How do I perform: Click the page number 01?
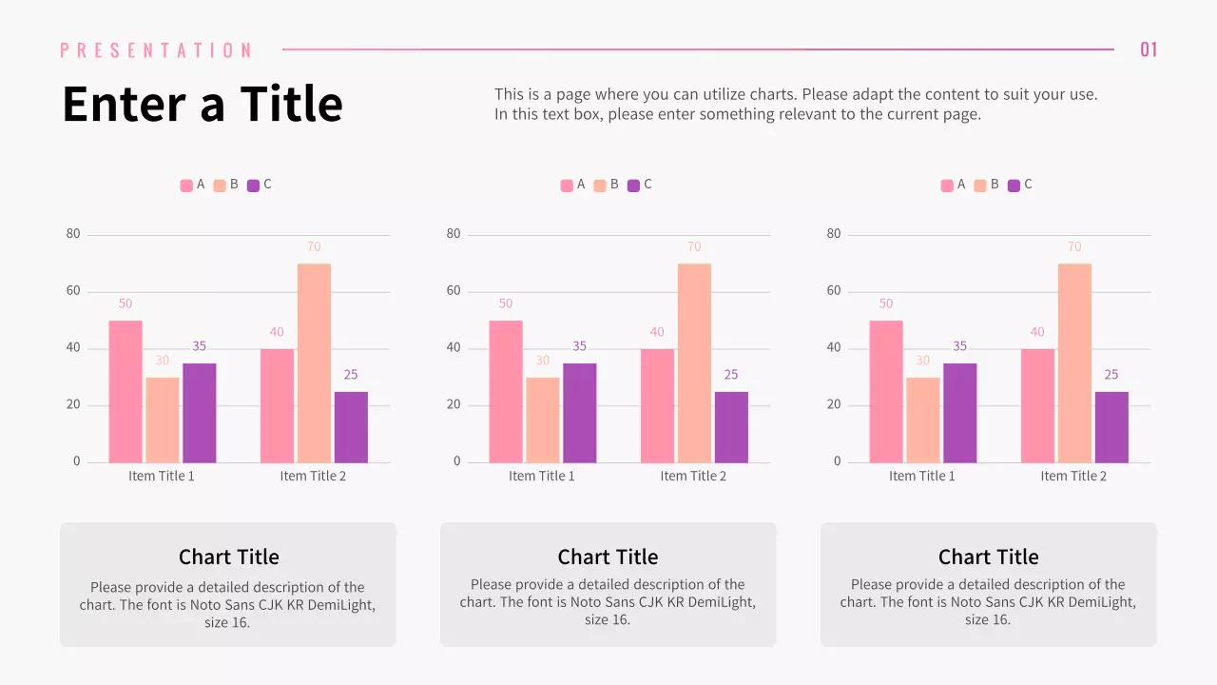point(1149,49)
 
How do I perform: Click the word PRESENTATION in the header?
point(157,50)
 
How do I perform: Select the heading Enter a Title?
point(202,104)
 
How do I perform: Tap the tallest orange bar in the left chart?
point(314,363)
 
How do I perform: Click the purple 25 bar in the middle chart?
point(731,427)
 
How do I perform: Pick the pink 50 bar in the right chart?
point(885,391)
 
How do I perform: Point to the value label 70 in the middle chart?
point(694,247)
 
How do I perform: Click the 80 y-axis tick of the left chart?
point(73,234)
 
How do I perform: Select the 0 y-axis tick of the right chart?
point(838,461)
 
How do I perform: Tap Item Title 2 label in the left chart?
point(313,476)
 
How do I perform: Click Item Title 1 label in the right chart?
point(921,476)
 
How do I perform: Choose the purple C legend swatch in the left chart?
point(253,186)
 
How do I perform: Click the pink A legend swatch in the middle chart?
point(567,186)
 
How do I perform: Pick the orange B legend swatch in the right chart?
point(980,186)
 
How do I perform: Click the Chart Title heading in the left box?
point(228,557)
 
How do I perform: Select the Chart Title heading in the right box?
point(988,557)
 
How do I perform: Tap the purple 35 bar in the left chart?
point(199,413)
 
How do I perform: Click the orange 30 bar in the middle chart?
point(542,420)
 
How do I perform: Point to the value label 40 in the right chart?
point(1037,332)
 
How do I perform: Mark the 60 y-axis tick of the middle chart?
point(454,291)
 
